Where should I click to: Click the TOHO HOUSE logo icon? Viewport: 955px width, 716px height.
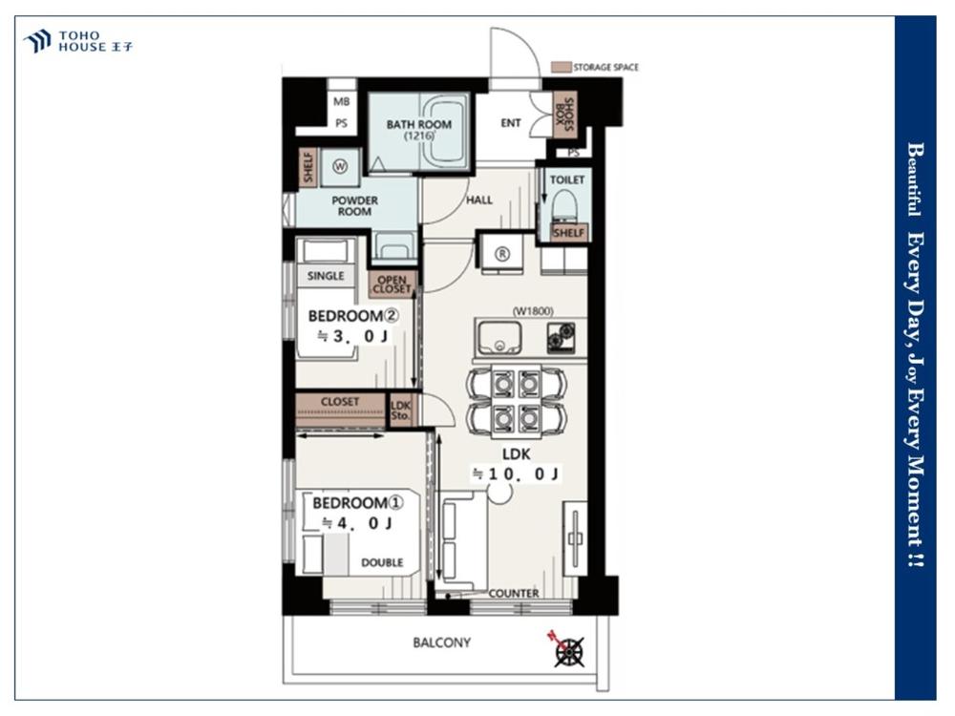tap(37, 41)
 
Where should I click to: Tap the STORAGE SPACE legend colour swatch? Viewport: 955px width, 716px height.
tap(561, 67)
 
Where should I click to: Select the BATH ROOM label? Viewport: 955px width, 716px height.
tap(419, 124)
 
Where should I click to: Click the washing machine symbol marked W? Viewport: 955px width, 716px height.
tap(340, 165)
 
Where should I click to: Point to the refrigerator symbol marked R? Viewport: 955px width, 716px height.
tap(502, 254)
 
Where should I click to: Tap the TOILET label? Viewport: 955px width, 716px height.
tap(567, 179)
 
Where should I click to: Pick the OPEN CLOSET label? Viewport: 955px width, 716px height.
tap(392, 284)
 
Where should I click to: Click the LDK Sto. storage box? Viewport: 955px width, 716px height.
tap(401, 411)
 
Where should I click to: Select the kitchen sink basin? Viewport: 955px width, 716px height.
tap(499, 338)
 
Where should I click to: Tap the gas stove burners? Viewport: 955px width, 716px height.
tap(561, 338)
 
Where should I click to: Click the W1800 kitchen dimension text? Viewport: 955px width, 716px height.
tap(533, 311)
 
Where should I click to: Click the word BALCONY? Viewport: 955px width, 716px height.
tap(441, 642)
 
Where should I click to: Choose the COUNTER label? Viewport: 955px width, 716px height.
tap(514, 593)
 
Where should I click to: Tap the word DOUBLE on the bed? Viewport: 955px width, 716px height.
tap(382, 562)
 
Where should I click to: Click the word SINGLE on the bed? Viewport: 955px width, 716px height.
tap(326, 276)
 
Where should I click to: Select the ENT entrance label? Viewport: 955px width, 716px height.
tap(510, 123)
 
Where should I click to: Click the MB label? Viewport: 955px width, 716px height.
tap(342, 102)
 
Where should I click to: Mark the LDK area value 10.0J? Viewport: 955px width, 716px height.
tap(517, 474)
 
